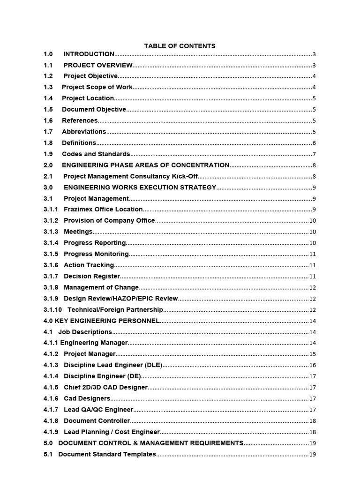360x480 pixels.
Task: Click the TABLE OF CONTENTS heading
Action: tap(180, 46)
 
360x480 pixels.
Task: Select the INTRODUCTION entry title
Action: tap(89, 54)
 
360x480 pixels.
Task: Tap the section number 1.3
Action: tap(48, 87)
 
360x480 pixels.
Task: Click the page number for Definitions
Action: tap(314, 143)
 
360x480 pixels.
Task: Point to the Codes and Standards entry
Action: tap(96, 154)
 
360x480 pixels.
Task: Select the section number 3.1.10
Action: tap(52, 310)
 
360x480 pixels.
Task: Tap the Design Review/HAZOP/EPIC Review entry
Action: tap(120, 299)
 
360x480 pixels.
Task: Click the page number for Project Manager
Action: tap(313, 354)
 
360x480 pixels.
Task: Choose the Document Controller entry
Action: tap(97, 421)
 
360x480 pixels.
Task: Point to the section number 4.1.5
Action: tap(51, 388)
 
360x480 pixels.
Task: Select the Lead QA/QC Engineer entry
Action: tap(98, 410)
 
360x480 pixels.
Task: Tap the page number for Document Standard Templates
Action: tap(313, 455)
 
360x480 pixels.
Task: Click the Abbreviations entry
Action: tap(84, 132)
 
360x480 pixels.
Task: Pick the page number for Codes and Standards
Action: tap(314, 155)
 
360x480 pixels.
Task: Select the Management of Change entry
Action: tap(101, 287)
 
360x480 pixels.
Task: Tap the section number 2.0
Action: tap(48, 165)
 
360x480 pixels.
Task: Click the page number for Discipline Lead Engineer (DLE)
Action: tap(313, 366)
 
